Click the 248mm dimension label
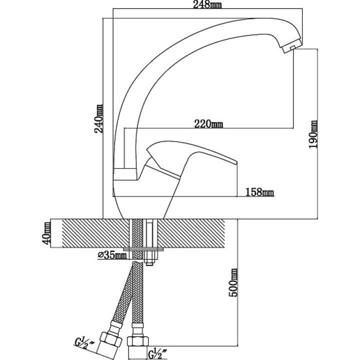pyautogui.click(x=207, y=4)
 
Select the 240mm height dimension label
pyautogui.click(x=98, y=118)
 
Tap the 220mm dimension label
pyautogui.click(x=208, y=124)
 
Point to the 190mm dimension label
pyautogui.click(x=313, y=134)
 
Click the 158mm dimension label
pyautogui.click(x=259, y=192)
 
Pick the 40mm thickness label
pyautogui.click(x=46, y=233)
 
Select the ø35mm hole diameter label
pyautogui.click(x=112, y=255)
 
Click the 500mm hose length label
pyautogui.click(x=233, y=282)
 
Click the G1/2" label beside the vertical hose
pyautogui.click(x=158, y=353)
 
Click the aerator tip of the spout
pyautogui.click(x=291, y=46)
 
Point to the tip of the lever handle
pyautogui.click(x=236, y=162)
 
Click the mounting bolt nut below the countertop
pyautogui.click(x=149, y=258)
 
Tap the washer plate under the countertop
pyautogui.click(x=143, y=249)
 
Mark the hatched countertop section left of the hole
pyautogui.click(x=95, y=233)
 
